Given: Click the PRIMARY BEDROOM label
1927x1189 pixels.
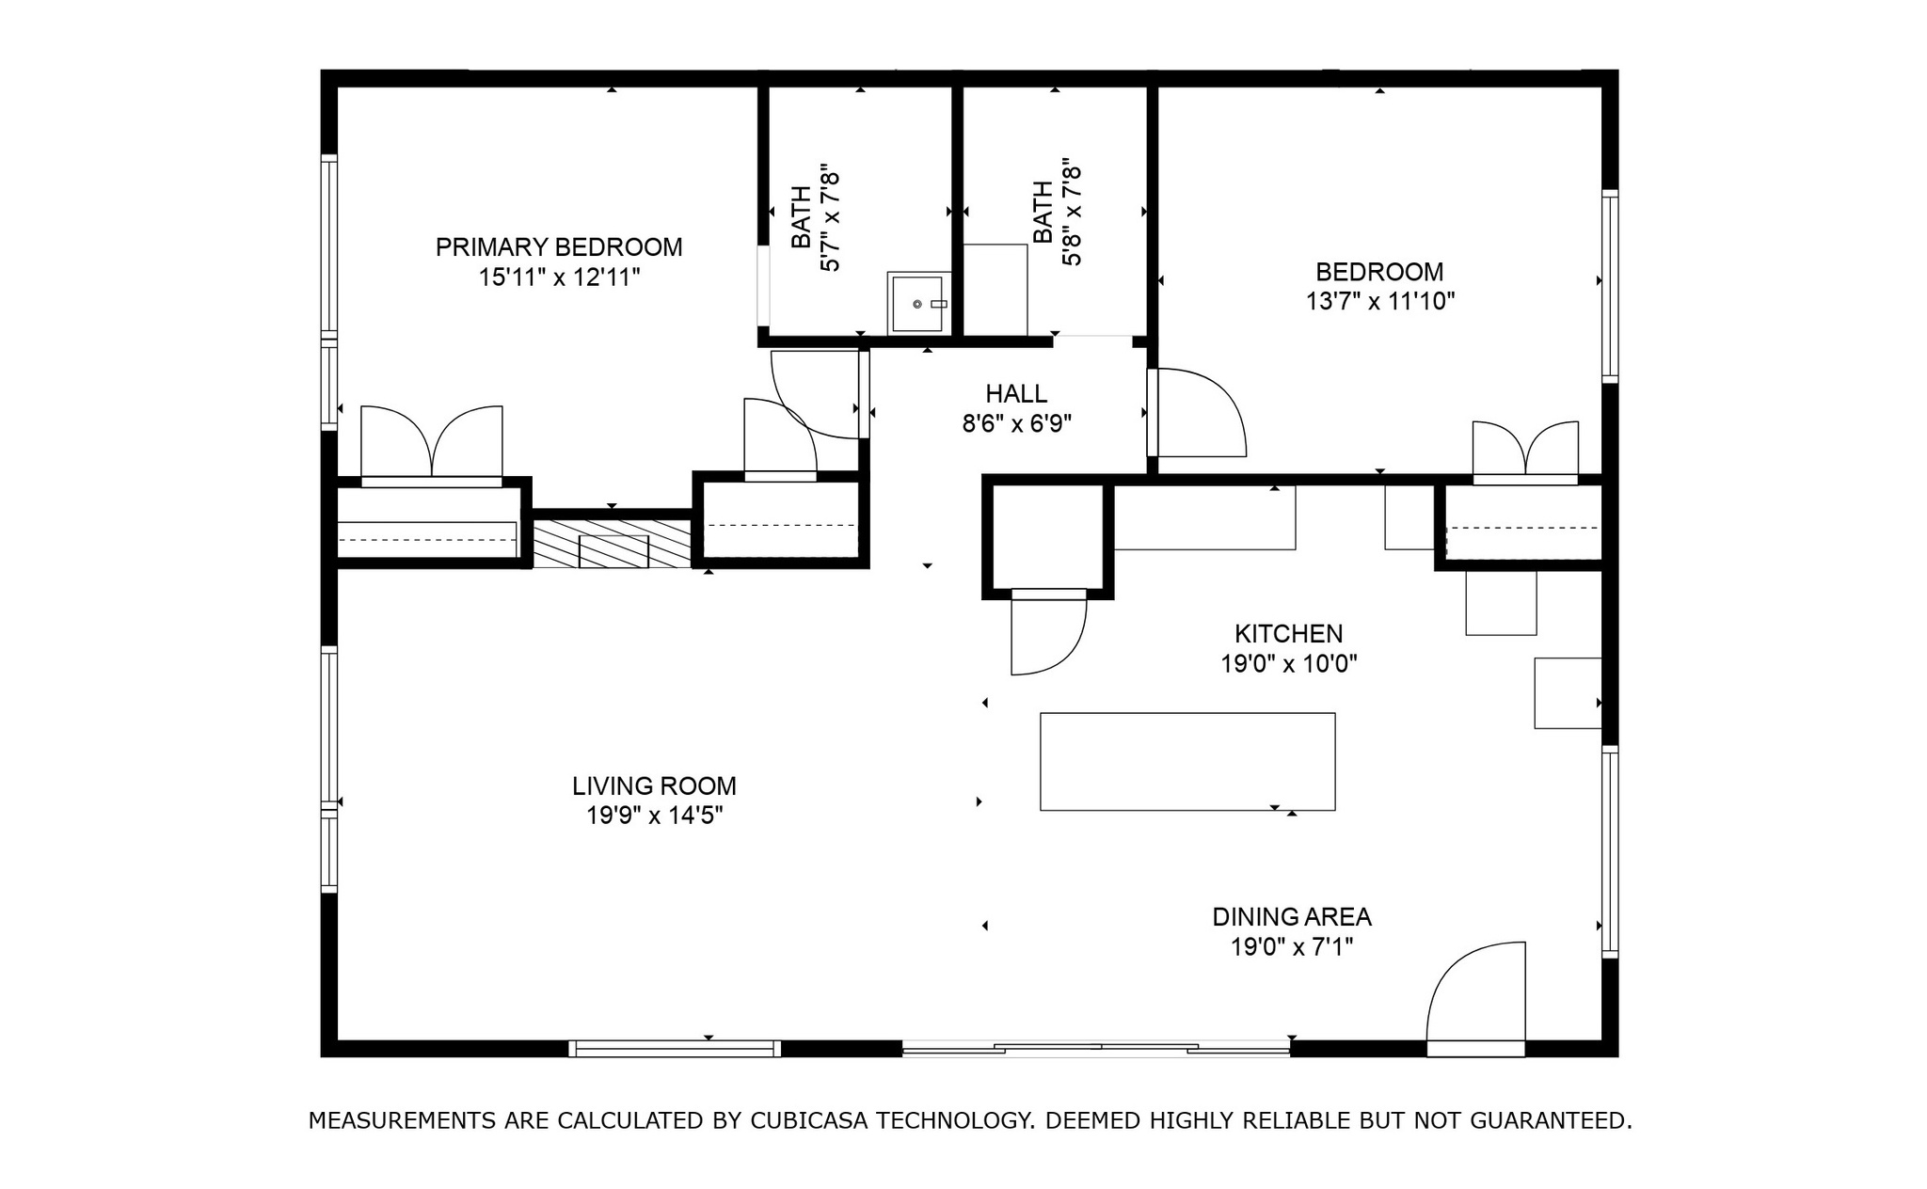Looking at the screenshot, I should pos(558,247).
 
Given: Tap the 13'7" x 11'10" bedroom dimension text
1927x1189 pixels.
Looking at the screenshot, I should pos(1379,302).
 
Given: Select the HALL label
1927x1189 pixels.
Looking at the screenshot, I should pos(1016,393).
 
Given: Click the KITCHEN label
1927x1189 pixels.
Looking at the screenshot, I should pos(1288,634).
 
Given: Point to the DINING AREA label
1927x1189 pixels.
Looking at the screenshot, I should pos(1291,916).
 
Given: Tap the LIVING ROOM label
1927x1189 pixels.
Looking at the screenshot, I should pos(654,785).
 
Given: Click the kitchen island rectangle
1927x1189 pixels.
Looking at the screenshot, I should pos(1186,761).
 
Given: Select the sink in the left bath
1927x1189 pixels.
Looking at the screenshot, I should pos(917,304).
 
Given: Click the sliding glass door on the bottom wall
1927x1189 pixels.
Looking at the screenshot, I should pos(1095,1048).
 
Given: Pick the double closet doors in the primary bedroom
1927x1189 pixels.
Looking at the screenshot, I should pos(432,444).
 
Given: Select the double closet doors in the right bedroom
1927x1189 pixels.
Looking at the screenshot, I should pos(1525,452).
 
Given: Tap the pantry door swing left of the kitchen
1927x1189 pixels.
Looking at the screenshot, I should pos(1046,635).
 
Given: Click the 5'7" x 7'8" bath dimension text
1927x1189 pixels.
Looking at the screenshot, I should pos(830,219).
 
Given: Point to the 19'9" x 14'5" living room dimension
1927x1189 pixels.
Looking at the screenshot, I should pos(654,816).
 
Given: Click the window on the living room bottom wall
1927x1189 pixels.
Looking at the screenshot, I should pos(674,1048).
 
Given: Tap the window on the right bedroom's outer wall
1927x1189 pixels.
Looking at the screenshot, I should pos(1610,286).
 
